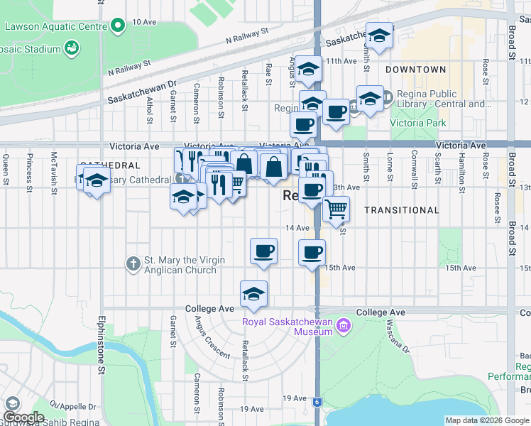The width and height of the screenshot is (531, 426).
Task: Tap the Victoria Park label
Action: (x=418, y=123)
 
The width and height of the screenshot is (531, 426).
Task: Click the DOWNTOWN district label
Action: (x=416, y=70)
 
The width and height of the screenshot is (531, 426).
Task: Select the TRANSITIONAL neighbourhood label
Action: (x=402, y=210)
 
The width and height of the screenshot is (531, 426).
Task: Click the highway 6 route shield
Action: (x=317, y=402)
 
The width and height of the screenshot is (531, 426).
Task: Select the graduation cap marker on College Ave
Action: (x=253, y=294)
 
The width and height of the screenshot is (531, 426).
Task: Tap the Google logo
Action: (x=23, y=417)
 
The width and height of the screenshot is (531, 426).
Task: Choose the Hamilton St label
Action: (x=462, y=168)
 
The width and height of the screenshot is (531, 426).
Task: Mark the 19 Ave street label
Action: (x=251, y=409)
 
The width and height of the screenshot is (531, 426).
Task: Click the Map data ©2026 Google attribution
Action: (x=486, y=420)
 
